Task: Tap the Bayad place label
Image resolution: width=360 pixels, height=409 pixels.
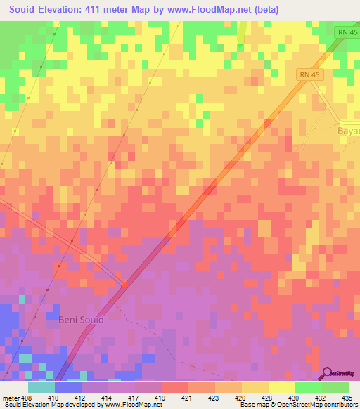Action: click(x=349, y=130)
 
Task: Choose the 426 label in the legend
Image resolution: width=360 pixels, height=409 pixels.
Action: click(x=241, y=397)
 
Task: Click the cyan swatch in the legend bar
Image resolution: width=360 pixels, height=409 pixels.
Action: click(x=41, y=387)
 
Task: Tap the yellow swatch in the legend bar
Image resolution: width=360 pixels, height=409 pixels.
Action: click(x=282, y=387)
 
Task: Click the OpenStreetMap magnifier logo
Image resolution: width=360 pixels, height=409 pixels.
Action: click(x=326, y=372)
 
